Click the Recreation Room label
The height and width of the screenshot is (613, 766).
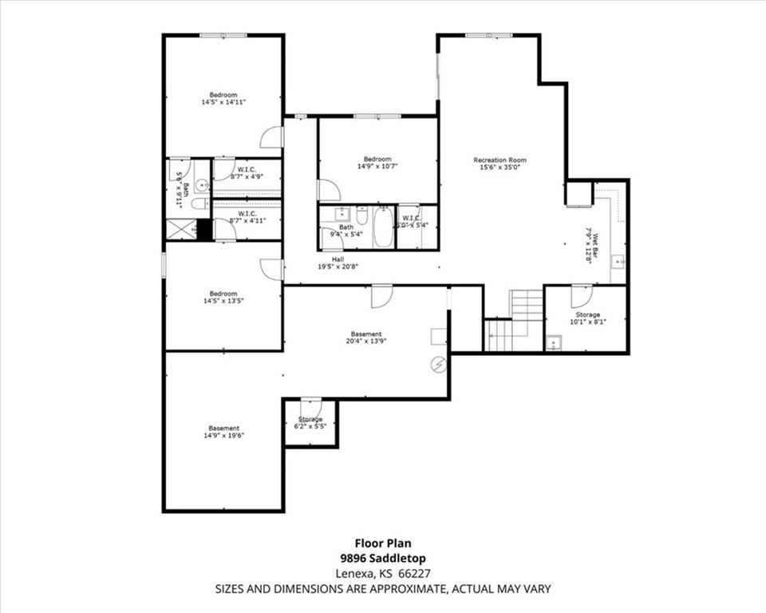click(499, 160)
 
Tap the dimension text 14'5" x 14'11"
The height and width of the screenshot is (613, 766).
click(223, 102)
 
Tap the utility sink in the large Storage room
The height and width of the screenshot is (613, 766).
click(555, 344)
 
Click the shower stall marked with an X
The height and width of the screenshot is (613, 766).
click(180, 229)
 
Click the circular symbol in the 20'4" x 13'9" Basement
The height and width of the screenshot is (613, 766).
click(438, 365)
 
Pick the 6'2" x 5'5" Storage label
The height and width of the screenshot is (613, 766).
click(310, 419)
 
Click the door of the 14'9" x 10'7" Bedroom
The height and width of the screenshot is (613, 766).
click(328, 191)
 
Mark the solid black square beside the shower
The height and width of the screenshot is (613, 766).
click(204, 229)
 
